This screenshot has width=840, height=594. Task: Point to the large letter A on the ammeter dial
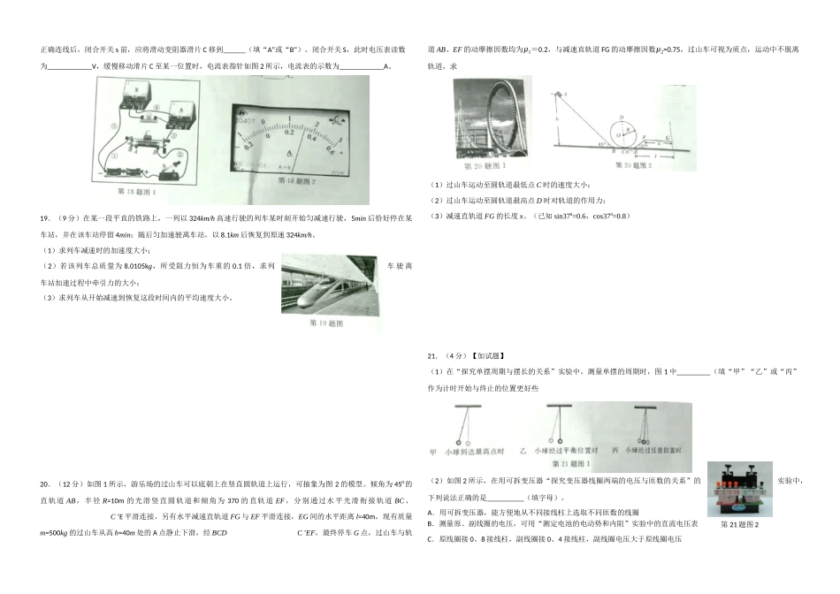[x=291, y=153]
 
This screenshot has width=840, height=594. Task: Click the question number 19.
[x=43, y=217]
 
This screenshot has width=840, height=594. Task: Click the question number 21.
[x=432, y=356]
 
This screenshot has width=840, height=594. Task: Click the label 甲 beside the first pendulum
[x=433, y=451]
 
